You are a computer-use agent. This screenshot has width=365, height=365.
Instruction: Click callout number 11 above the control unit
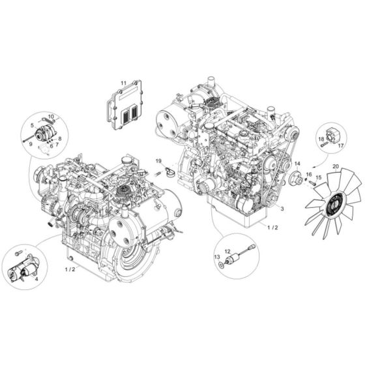click(123, 83)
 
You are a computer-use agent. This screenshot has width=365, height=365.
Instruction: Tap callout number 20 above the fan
click(335, 166)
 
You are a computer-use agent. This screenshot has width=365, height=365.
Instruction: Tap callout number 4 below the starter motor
click(36, 281)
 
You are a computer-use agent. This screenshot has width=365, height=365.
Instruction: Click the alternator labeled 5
click(46, 135)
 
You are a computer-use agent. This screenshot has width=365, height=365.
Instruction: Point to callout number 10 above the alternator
click(51, 115)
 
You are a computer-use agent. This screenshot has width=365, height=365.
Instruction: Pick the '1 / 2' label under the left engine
click(69, 269)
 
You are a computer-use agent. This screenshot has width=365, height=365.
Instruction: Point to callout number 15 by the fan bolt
click(318, 177)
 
